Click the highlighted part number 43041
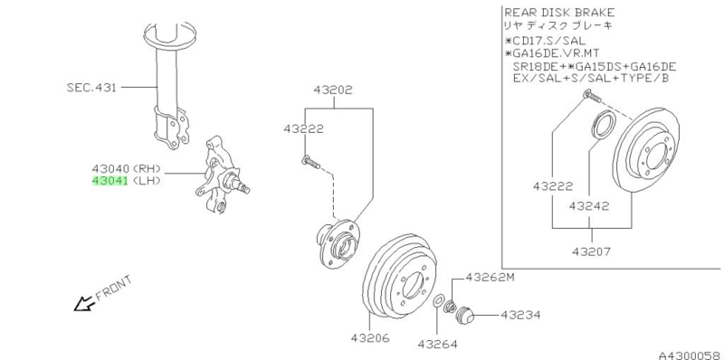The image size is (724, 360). click(x=110, y=181)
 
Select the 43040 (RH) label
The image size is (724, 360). click(x=126, y=169)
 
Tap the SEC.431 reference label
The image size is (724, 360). click(x=91, y=87)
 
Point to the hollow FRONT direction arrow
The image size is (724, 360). click(x=83, y=303)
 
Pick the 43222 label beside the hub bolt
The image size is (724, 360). click(x=303, y=129)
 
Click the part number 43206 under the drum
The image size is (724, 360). click(x=370, y=338)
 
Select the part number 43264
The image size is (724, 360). click(x=438, y=344)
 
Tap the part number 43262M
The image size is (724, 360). click(x=490, y=278)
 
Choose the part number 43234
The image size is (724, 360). click(x=520, y=316)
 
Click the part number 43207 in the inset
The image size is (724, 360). click(x=592, y=251)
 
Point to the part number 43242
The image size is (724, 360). click(x=589, y=205)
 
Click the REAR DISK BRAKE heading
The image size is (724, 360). click(x=559, y=13)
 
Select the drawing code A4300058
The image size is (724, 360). click(x=691, y=355)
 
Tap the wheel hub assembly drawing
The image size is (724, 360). click(x=338, y=243)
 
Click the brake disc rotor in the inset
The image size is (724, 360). click(x=647, y=147)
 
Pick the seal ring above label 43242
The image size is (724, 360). click(x=603, y=124)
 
